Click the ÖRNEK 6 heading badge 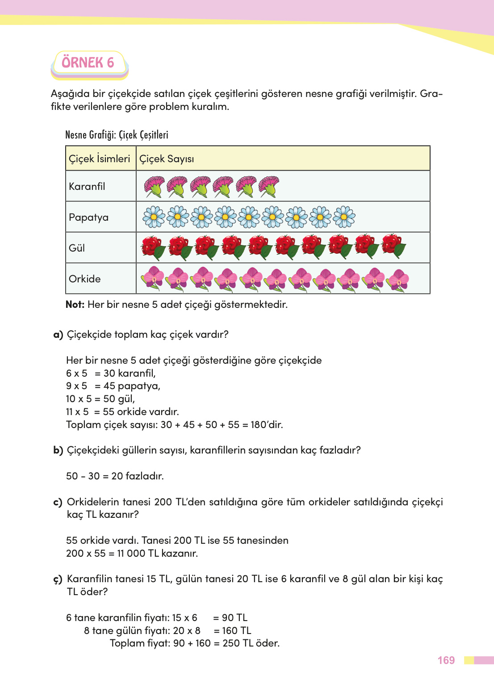tap(88, 63)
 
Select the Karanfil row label tap(87, 186)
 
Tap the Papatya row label tap(88, 218)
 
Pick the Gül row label tap(77, 248)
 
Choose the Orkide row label tap(85, 279)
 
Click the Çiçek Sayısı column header tap(167, 159)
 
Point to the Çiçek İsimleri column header tap(100, 159)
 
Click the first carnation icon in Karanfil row tap(154, 187)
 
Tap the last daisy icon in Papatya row tap(344, 217)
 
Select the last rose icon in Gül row tap(394, 247)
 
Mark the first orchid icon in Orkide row tap(153, 279)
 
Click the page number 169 tap(446, 660)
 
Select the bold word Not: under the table tap(75, 305)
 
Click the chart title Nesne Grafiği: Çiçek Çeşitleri tap(117, 135)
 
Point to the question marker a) tap(58, 335)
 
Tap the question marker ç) tap(58, 579)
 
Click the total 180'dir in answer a tap(267, 424)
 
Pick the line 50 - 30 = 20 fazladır tap(115, 476)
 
